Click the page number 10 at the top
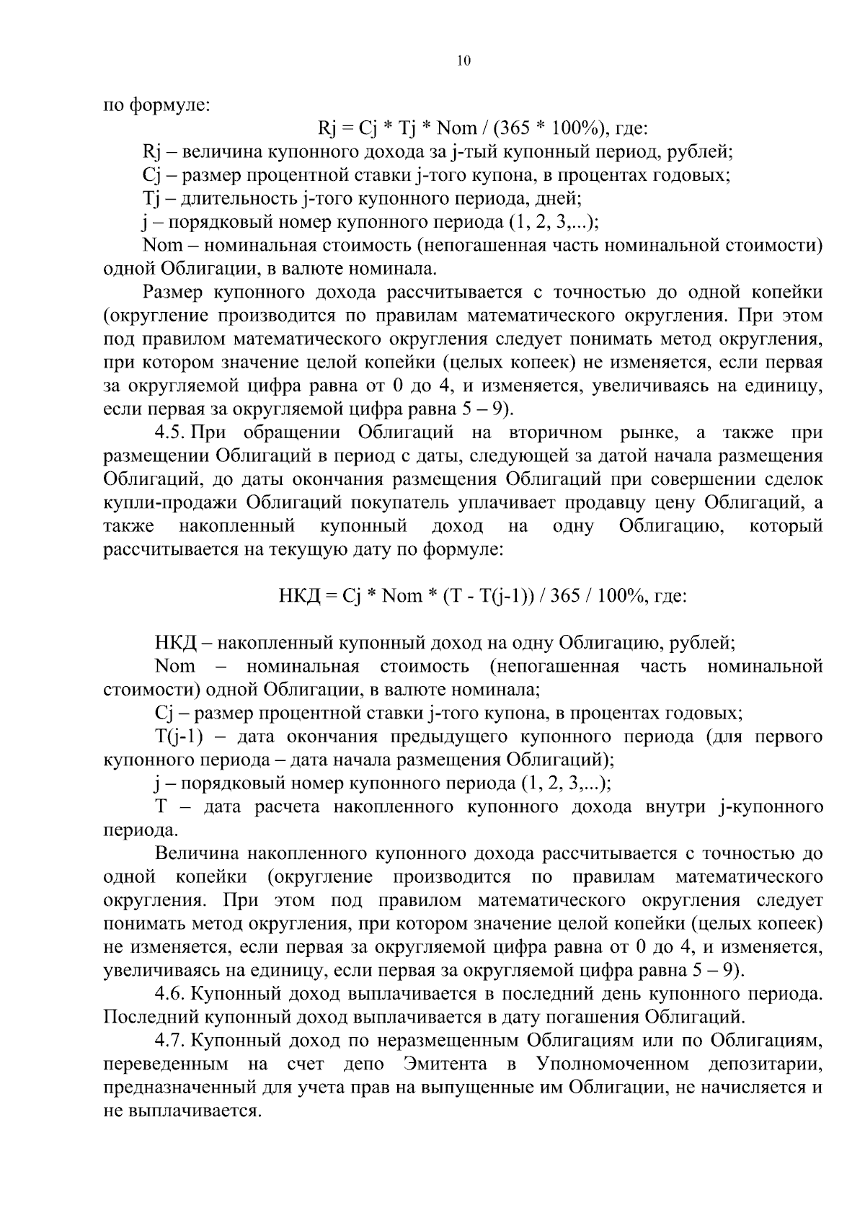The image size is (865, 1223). point(463,61)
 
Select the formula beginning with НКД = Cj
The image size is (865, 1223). point(482,596)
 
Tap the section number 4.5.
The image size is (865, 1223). point(172,433)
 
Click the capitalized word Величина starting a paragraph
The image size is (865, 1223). point(198,854)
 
